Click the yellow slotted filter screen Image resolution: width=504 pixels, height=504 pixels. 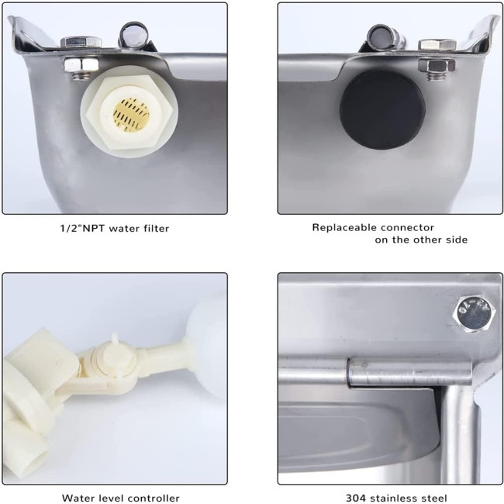(131, 115)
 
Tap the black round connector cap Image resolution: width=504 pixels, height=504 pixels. (382, 109)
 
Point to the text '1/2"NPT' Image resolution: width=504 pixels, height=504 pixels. (83, 229)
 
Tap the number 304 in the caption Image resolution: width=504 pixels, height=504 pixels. (355, 498)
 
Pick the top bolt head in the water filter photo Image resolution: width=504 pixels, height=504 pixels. (81, 42)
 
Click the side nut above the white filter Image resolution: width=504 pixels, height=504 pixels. (81, 65)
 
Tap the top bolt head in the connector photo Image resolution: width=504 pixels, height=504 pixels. (437, 44)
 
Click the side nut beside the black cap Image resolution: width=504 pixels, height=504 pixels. (437, 65)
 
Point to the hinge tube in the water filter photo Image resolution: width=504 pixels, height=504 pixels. (134, 36)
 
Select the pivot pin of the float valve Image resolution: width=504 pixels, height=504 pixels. (115, 354)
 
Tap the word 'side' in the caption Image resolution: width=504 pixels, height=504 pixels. (457, 240)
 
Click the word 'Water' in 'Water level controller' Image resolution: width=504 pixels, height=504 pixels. (77, 498)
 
